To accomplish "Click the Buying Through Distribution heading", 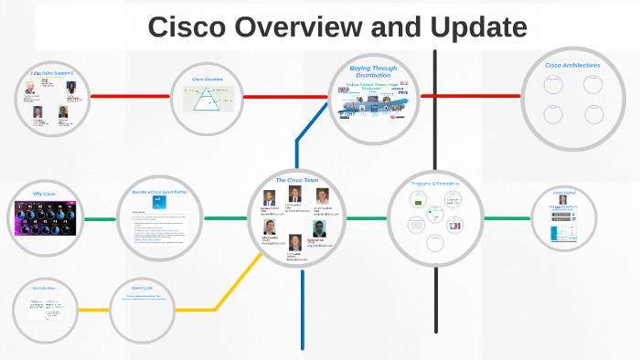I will point(372,71).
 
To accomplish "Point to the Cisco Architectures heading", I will point(572,65).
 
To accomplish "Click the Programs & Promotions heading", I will point(434,184).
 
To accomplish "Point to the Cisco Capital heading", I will point(564,193).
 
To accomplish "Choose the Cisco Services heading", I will point(45,289).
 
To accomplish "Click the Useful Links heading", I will point(143,289).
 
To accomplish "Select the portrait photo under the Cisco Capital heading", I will point(563,200).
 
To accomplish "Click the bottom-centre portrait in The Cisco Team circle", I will point(295,242).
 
